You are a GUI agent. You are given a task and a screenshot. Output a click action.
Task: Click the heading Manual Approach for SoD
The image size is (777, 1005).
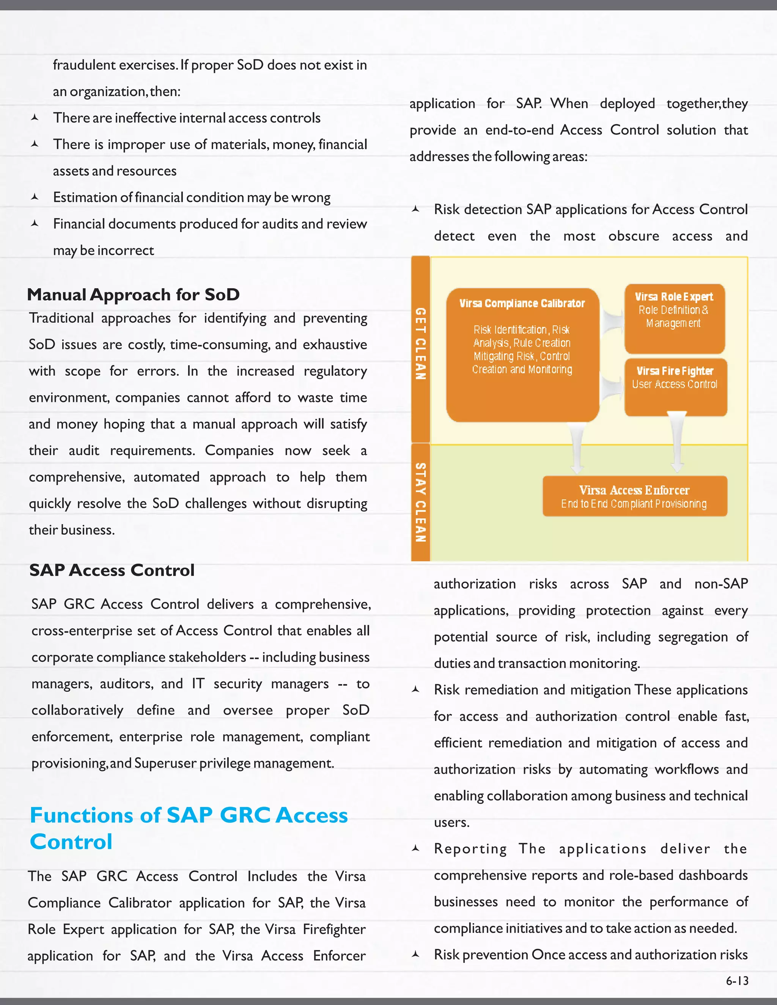click(x=134, y=295)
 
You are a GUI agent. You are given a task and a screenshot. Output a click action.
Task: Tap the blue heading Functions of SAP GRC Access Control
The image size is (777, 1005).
click(x=189, y=828)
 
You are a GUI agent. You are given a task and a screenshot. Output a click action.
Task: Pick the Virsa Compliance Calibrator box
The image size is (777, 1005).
click(x=522, y=354)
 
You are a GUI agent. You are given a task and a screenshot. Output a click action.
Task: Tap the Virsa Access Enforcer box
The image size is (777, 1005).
click(x=634, y=496)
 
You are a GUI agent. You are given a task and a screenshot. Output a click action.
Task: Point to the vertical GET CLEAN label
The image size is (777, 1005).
click(x=420, y=343)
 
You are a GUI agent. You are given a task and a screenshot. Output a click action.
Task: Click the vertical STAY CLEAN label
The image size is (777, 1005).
click(x=420, y=502)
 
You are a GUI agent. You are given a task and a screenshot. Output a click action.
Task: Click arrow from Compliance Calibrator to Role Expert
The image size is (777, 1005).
click(x=612, y=321)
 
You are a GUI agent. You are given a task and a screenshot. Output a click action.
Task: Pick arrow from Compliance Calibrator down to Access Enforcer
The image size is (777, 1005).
click(x=576, y=449)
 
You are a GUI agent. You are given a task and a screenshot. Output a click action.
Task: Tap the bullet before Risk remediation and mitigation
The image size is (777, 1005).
click(x=415, y=690)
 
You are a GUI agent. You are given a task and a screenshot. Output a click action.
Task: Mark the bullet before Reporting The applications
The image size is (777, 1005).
click(x=415, y=848)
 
